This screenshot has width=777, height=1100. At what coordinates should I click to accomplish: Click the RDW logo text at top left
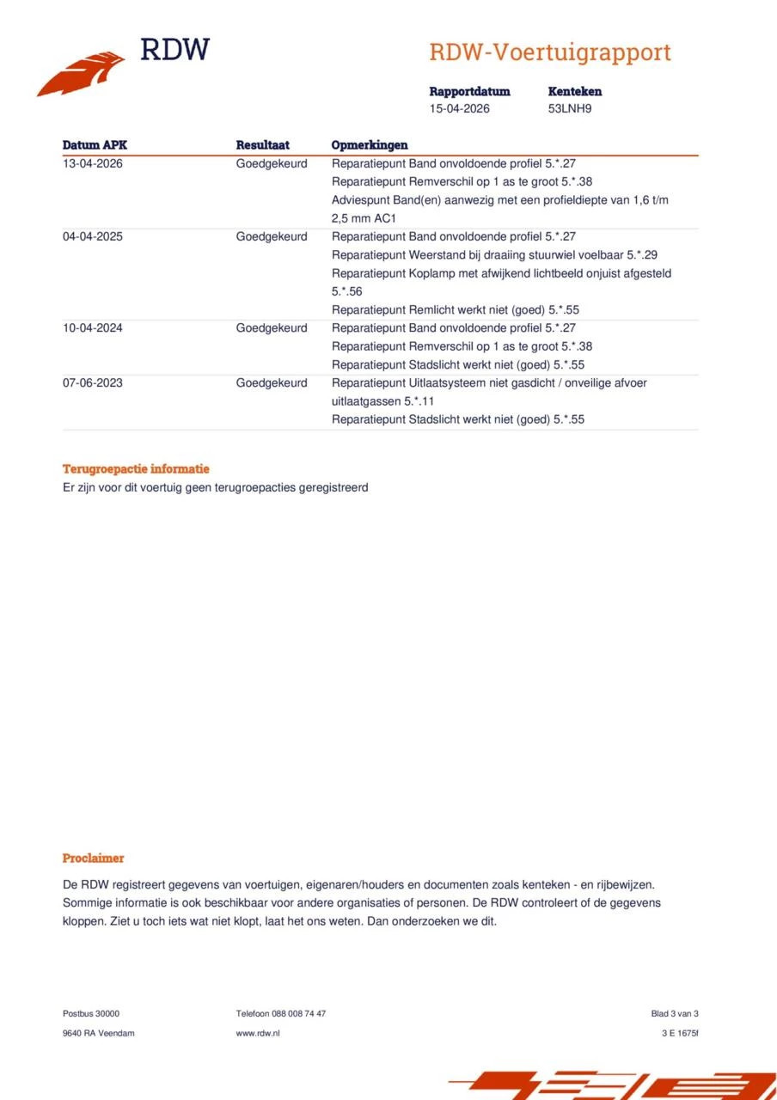point(174,50)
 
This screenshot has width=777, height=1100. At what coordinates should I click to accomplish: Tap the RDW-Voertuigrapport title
point(550,52)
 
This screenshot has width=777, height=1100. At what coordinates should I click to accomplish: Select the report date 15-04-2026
point(460,109)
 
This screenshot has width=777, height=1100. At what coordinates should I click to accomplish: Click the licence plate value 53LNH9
point(570,109)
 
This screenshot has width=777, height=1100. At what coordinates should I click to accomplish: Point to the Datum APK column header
point(95,145)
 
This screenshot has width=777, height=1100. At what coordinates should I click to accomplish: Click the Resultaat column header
point(263,145)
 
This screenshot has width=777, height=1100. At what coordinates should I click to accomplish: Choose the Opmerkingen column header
point(370,145)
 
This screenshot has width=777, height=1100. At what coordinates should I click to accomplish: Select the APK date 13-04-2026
point(93,163)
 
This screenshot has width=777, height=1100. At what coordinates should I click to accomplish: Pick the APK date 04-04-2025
point(93,236)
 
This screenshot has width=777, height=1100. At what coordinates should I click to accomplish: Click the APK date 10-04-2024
point(93,327)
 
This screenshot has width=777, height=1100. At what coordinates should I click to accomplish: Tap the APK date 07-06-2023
point(93,382)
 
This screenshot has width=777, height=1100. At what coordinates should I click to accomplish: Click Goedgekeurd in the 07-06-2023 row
point(272,382)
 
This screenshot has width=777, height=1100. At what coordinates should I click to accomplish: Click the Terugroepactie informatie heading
point(136,469)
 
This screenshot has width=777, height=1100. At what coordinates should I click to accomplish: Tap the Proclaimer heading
point(93,858)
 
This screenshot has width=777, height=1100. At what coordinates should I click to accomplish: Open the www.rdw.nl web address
point(258,1033)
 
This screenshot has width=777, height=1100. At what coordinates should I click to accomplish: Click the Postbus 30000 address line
point(91,1013)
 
